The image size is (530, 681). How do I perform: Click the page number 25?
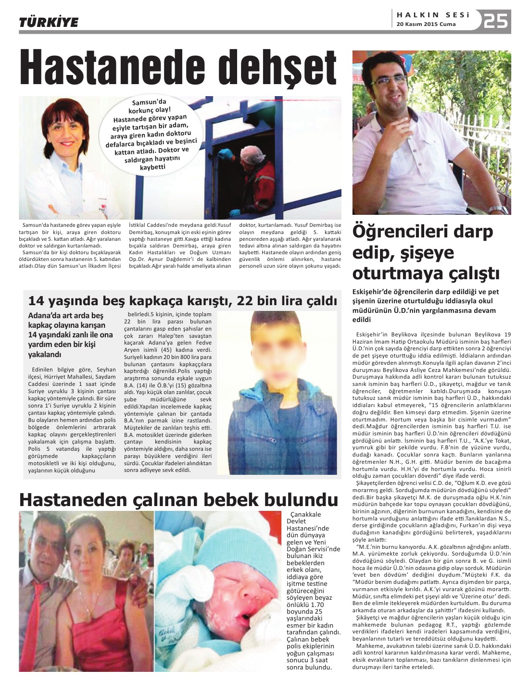pos(496,21)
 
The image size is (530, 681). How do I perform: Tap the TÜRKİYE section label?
pos(49,22)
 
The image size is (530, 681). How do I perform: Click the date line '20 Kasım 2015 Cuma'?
pos(425,25)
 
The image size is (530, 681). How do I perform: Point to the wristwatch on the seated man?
pos(498,209)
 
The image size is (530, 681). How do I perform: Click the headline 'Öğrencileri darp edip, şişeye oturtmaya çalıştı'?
pos(425,252)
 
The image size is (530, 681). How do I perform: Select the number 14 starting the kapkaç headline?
pos(38,301)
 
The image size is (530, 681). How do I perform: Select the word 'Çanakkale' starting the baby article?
pos(304,515)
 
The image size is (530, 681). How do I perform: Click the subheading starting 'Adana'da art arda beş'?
pos(70,334)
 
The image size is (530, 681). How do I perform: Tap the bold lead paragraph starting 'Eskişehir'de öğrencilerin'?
pos(425,305)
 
